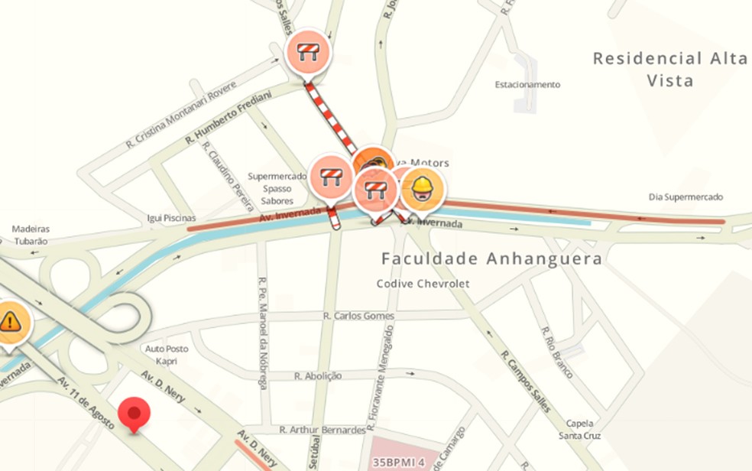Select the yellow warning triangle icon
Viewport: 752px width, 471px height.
coord(11,321)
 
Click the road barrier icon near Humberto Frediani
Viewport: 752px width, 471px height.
coord(308,54)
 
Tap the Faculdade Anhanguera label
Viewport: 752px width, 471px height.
coord(492,259)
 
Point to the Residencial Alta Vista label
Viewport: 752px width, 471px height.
coord(670,69)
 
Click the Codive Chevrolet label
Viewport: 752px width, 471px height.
coord(423,284)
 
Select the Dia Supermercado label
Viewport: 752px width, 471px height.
coord(686,197)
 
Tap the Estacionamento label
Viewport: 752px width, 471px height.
coord(527,85)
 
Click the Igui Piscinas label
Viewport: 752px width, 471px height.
coord(171,219)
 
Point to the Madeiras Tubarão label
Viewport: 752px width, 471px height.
coord(31,235)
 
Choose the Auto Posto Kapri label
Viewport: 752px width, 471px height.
coord(167,355)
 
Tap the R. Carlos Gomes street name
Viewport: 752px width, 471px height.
coord(358,316)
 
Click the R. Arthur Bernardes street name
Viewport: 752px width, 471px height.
coord(322,430)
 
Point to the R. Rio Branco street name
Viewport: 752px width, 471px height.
coord(557,352)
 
